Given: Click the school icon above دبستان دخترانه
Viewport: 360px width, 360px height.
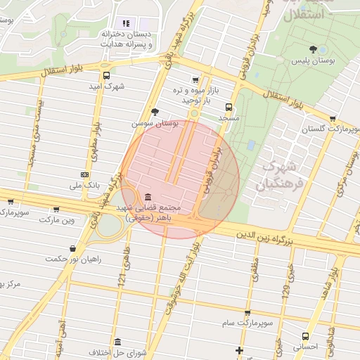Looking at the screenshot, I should pos(127,23).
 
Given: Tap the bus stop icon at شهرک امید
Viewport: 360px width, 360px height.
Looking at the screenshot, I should pos(106,76).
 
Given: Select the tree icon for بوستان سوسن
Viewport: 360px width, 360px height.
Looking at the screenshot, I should pos(155,112).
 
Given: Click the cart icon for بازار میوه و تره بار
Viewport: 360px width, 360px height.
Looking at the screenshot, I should pos(195,80).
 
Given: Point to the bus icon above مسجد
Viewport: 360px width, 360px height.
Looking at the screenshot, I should pos(229,107).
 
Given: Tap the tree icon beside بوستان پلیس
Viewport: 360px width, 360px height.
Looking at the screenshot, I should pos(323,49).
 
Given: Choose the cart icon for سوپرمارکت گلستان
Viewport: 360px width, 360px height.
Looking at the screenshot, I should pos(333,119).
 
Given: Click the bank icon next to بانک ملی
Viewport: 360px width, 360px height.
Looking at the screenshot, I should pos(85,174).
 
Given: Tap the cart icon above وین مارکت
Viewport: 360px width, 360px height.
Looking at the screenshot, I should pos(10,201).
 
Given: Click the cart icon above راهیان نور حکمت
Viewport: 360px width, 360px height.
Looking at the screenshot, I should pos(74,247).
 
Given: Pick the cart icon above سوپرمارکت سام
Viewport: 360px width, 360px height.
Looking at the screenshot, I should pos(247,313).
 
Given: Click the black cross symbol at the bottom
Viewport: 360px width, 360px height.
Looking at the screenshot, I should pos(240,350).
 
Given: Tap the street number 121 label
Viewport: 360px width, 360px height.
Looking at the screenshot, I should pos(122,281).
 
